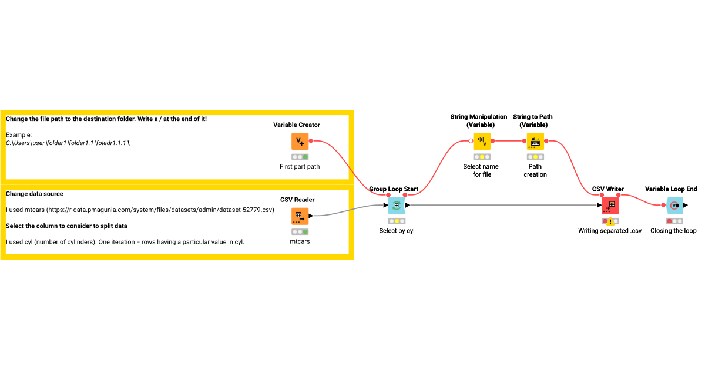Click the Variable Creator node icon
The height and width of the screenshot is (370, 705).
(x=300, y=141)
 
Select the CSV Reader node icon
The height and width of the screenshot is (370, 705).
(x=300, y=216)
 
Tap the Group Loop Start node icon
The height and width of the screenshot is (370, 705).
(x=397, y=205)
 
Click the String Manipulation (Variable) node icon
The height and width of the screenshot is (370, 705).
(x=482, y=141)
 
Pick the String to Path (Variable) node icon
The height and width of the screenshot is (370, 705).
(x=535, y=141)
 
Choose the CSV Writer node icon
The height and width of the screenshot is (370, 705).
(x=610, y=205)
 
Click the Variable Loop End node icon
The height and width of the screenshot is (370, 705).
(x=674, y=205)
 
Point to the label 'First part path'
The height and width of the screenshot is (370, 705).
(x=300, y=167)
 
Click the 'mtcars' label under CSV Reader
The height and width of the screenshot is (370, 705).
(x=300, y=241)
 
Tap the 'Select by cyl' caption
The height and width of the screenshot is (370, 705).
(x=397, y=231)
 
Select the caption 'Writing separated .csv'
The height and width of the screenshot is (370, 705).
(x=610, y=231)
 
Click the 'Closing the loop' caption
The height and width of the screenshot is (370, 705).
(x=673, y=231)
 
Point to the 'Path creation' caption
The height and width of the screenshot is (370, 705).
(x=535, y=170)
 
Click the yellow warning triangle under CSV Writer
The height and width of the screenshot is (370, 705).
(x=610, y=221)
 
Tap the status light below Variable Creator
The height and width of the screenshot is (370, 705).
(x=300, y=157)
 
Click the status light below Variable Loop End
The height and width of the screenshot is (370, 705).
(x=674, y=221)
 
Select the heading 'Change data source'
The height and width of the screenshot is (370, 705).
(x=35, y=194)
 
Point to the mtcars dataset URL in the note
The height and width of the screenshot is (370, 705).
(x=162, y=210)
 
